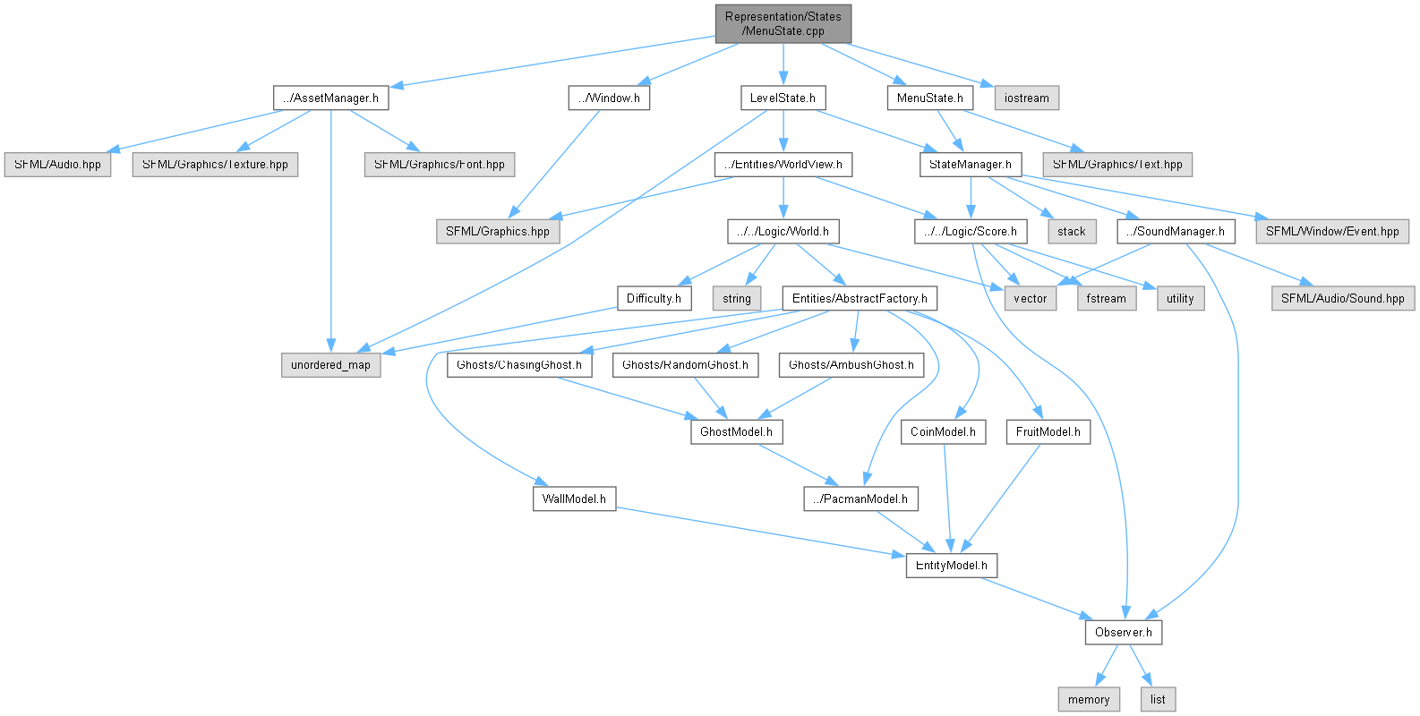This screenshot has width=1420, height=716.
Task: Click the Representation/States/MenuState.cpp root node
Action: coord(783,23)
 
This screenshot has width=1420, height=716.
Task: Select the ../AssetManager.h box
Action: coord(330,98)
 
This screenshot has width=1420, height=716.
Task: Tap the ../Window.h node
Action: coord(609,98)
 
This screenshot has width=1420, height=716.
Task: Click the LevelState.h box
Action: coord(783,98)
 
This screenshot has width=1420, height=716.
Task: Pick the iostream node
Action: coord(1026,98)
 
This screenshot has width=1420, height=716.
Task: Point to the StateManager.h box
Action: coord(971,165)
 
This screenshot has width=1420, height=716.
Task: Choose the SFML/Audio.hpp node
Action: coord(58,165)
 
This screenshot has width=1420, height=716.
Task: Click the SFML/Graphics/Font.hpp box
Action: coord(439,165)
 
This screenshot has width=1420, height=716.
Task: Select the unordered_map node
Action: coord(330,365)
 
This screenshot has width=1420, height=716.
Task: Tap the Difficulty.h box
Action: coord(654,298)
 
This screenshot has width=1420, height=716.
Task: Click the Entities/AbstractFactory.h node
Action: coord(860,298)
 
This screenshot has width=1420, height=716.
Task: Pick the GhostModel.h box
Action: coord(736,431)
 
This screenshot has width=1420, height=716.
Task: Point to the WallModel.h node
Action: coord(574,499)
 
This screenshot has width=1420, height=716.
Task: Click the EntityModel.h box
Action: coord(951,566)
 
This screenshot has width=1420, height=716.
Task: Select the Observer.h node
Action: coord(1123,632)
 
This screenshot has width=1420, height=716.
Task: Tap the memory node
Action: coord(1089,699)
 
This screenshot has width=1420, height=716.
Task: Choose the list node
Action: coord(1158,699)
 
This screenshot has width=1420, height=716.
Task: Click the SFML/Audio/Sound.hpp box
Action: coord(1342,298)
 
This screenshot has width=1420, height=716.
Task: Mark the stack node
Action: coord(1071,231)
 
